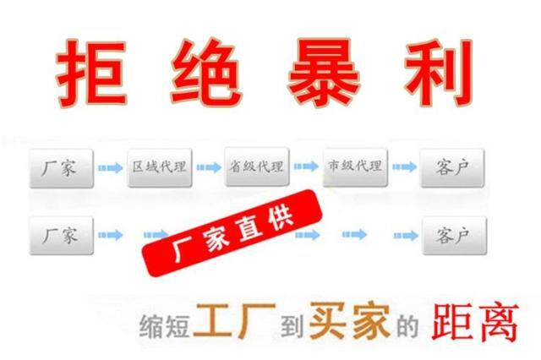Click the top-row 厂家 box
coord(59,168)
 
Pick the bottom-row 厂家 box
coord(59,235)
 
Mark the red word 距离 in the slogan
coord(474,322)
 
